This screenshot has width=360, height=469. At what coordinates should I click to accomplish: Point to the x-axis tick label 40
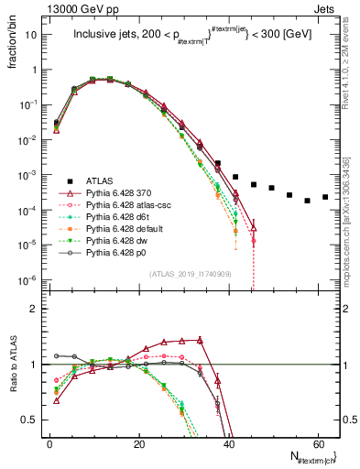click(228, 444)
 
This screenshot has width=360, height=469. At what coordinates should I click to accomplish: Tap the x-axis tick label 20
click(139, 444)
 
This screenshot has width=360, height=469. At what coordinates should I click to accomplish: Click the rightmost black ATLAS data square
click(325, 196)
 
